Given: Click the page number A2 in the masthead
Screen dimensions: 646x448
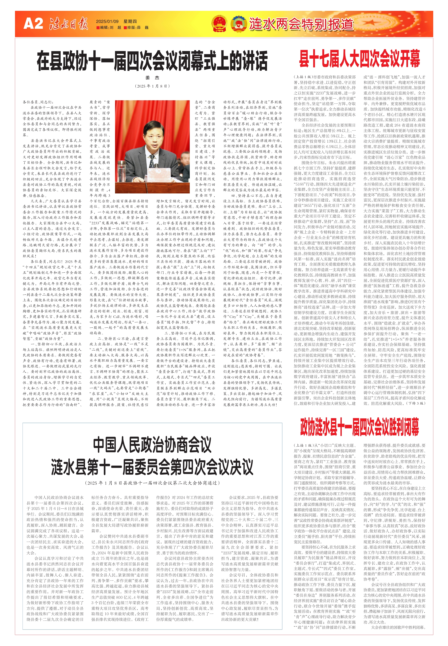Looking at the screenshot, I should pos(33,24).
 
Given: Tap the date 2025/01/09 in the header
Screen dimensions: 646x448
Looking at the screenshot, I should pos(107,21).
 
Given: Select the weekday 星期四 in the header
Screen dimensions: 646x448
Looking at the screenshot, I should pos(130,21).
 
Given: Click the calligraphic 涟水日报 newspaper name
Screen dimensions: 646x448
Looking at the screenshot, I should pos(69,24).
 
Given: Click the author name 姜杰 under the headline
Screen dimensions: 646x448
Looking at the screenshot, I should pos(152,78).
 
